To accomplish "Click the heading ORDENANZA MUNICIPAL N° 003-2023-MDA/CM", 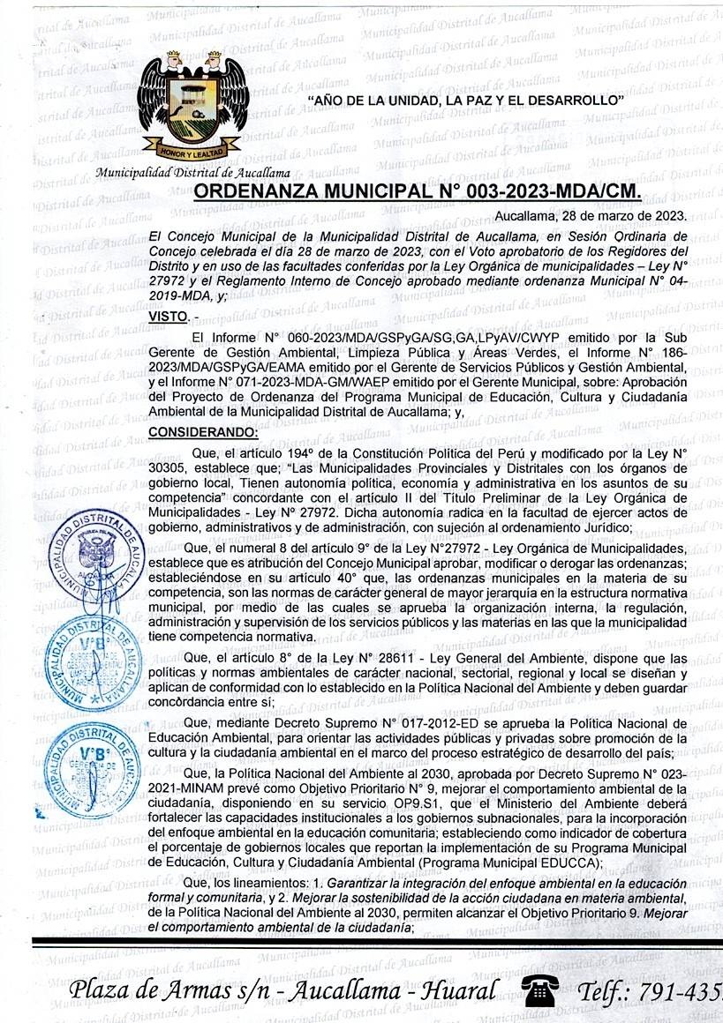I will click(x=416, y=193).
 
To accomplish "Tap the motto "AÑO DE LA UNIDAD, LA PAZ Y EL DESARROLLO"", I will click(x=465, y=101).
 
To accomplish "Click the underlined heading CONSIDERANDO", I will click(x=203, y=431).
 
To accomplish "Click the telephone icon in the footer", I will click(x=539, y=990).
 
